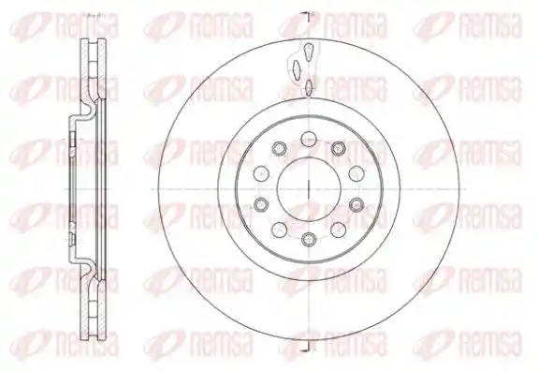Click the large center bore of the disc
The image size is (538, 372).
[x=309, y=188]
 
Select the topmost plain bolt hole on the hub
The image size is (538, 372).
[x=309, y=139]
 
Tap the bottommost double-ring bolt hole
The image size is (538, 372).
[x=309, y=238]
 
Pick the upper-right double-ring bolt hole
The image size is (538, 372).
[x=339, y=148]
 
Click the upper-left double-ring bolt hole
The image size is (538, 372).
[x=280, y=148]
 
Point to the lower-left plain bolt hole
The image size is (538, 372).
[x=280, y=230]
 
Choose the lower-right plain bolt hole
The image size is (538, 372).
[x=339, y=230]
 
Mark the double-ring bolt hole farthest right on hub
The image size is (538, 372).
[x=356, y=204]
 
